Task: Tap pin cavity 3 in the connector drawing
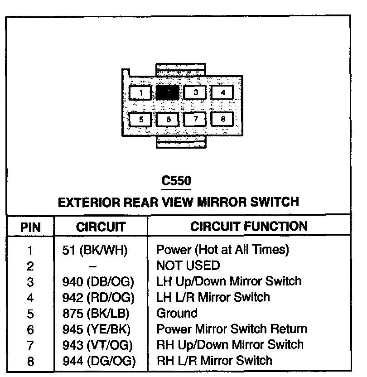(x=196, y=93)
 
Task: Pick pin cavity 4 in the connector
(x=223, y=93)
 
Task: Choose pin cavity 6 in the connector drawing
(x=169, y=120)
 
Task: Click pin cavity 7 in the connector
(x=196, y=120)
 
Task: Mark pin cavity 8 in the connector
(x=223, y=120)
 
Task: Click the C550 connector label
(x=176, y=181)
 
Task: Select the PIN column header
(x=31, y=227)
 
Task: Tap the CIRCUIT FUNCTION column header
(x=249, y=226)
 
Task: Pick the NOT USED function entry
(x=188, y=265)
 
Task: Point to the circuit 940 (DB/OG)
(x=98, y=281)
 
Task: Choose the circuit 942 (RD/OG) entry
(x=98, y=297)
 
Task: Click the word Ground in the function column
(x=177, y=313)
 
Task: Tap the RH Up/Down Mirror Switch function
(x=230, y=345)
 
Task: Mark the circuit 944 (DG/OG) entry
(x=98, y=361)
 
